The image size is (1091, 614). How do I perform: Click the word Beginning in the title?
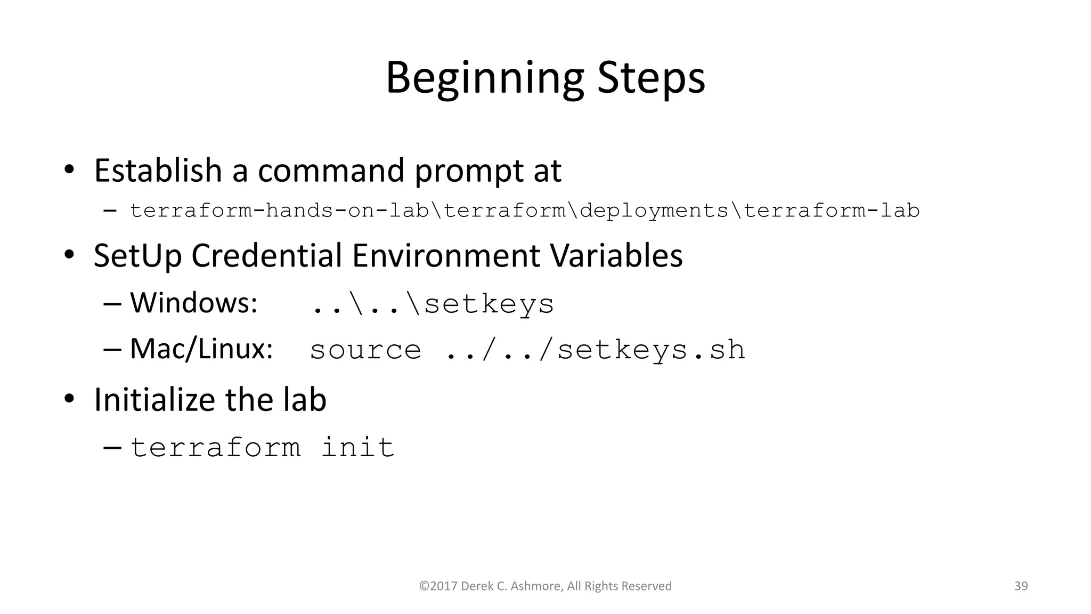pos(484,79)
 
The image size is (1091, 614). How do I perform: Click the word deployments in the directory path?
pos(654,211)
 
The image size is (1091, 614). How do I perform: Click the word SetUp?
pos(137,256)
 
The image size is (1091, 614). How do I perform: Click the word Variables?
pos(616,256)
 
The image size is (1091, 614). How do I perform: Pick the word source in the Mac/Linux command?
pos(365,350)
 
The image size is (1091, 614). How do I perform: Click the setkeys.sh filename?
pos(651,350)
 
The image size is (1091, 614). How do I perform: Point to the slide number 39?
pos(1021,586)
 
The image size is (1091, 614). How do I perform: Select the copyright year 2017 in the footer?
pos(443,586)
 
